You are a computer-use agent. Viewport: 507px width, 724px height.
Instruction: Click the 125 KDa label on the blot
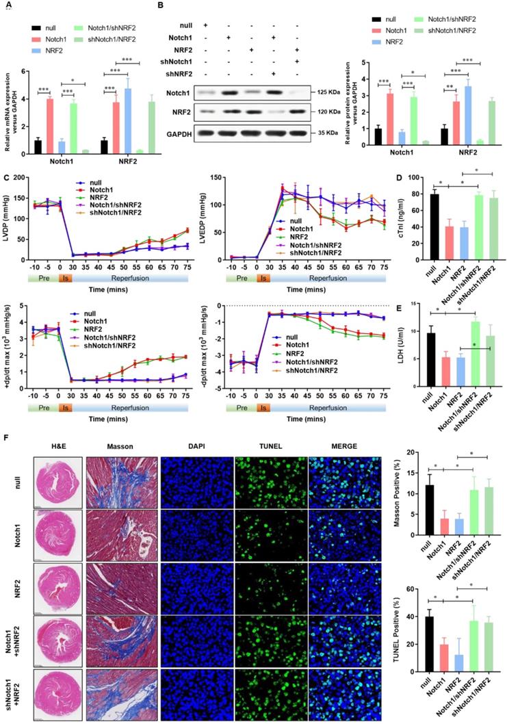(314, 91)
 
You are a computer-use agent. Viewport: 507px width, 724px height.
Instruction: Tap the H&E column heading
(58, 446)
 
